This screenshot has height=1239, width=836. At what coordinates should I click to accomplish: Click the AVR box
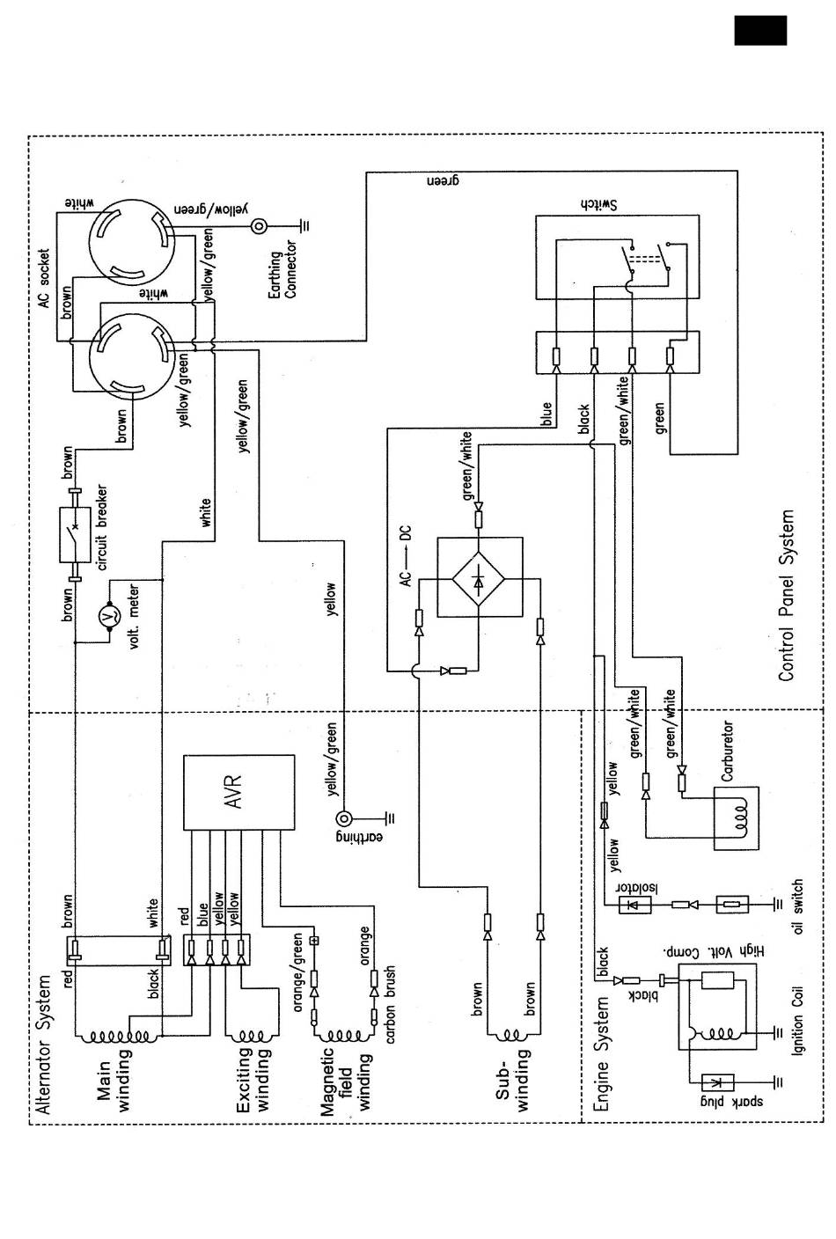pos(238,792)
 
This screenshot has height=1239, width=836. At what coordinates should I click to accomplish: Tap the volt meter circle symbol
pos(109,615)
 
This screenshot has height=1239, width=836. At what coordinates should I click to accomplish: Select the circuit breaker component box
pos(75,535)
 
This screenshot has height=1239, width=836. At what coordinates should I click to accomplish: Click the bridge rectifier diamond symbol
pos(479,578)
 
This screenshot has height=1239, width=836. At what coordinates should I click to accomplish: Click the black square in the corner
pos(760,30)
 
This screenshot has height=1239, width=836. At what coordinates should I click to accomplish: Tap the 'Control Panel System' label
pos(786,595)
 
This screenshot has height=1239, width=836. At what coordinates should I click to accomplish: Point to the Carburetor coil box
pos(736,818)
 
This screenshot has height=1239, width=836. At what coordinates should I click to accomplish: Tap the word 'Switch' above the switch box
pos(598,205)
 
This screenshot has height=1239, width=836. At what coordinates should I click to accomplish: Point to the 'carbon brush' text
pos(391,1005)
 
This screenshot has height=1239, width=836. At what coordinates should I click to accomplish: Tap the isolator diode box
pos(634,905)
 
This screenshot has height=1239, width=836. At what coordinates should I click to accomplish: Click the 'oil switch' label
pos(797,906)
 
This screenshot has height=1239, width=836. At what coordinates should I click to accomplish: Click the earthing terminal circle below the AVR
pos(343,817)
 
